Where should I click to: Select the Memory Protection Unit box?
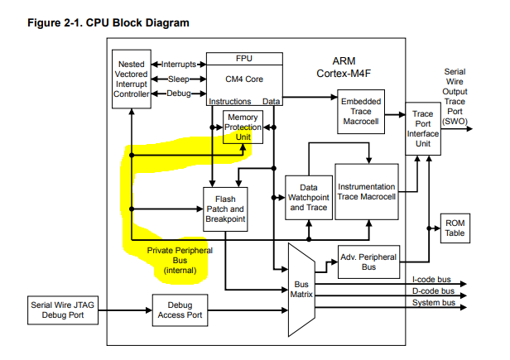click(x=242, y=127)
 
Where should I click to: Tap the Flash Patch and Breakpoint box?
click(x=226, y=209)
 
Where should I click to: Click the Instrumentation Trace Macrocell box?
click(x=366, y=191)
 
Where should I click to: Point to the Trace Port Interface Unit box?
click(x=422, y=130)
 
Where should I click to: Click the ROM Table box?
click(x=455, y=228)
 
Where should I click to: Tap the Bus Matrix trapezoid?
click(x=301, y=290)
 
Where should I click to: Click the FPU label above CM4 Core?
click(x=243, y=59)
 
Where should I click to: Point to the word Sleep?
click(x=178, y=79)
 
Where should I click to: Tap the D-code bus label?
click(x=433, y=291)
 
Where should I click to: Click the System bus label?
click(x=433, y=304)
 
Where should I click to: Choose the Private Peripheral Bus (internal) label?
click(x=179, y=260)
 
